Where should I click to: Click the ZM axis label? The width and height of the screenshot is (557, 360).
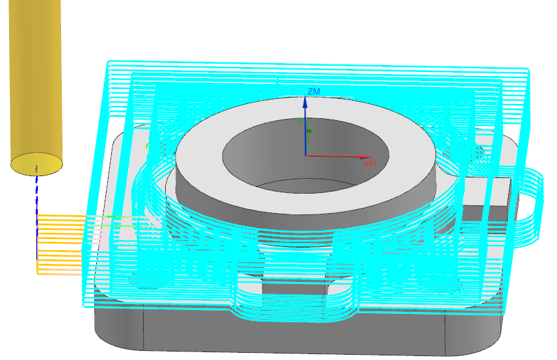[314, 91]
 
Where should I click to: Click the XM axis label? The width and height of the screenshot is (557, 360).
[369, 163]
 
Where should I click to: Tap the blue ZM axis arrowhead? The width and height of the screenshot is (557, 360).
[305, 102]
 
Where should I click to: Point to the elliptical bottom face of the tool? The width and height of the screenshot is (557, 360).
[37, 164]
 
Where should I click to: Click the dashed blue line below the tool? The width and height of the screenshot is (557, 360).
[36, 217]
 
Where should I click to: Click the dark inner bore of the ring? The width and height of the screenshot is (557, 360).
[305, 156]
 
